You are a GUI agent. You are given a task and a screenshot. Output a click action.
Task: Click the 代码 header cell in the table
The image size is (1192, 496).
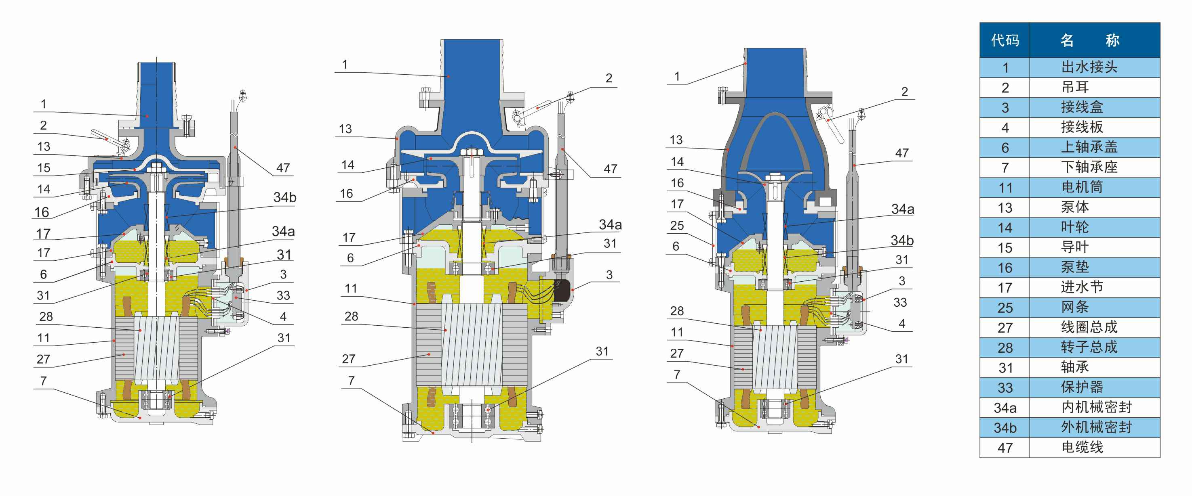tap(1004, 40)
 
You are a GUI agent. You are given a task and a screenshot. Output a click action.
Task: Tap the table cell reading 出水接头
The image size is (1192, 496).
tap(1089, 67)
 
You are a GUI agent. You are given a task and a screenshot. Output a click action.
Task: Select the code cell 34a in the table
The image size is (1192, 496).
tap(1005, 408)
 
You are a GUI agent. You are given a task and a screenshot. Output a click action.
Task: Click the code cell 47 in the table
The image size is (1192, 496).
tap(1005, 448)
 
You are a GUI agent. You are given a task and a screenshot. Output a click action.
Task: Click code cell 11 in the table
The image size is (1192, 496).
tap(1005, 188)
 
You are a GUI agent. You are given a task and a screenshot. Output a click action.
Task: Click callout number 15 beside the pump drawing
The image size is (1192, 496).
tap(44, 168)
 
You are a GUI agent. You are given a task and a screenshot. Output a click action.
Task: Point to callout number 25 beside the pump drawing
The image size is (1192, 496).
tap(676, 226)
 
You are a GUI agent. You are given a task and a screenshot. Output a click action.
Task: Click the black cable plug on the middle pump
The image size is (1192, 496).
tap(561, 290)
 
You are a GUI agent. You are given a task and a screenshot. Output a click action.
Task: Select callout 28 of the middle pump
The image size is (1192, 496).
tap(351, 316)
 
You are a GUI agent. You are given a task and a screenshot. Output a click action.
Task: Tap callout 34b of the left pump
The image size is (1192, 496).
tap(284, 197)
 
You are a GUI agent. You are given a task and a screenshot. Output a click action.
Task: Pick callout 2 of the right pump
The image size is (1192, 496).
tap(904, 92)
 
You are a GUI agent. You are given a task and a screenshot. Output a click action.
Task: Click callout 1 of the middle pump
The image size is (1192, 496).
tap(344, 65)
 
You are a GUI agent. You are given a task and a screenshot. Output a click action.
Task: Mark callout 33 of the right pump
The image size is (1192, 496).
tap(899, 302)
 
